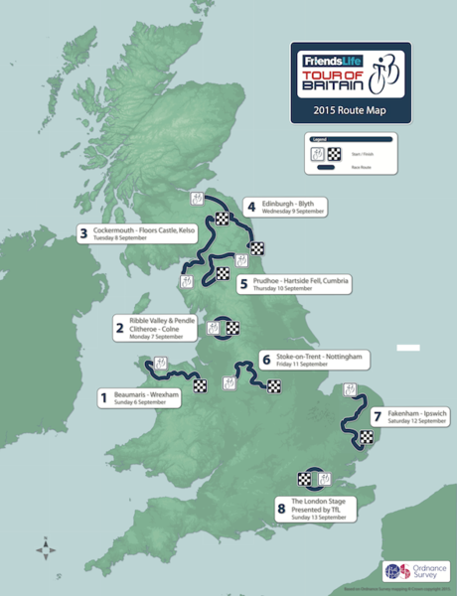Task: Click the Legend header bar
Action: click(349, 140)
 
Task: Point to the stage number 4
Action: click(251, 207)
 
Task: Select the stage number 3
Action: click(82, 235)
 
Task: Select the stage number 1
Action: click(101, 398)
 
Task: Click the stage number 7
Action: click(378, 416)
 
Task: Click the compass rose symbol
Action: click(45, 548)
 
